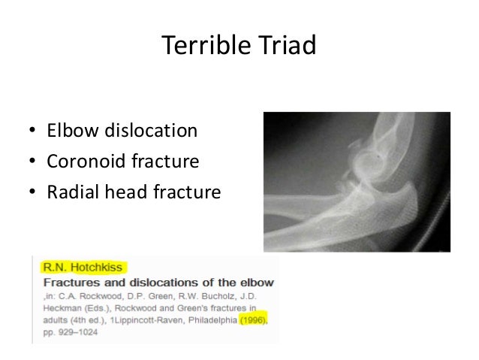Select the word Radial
pos(71,193)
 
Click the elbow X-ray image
pos(357,181)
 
